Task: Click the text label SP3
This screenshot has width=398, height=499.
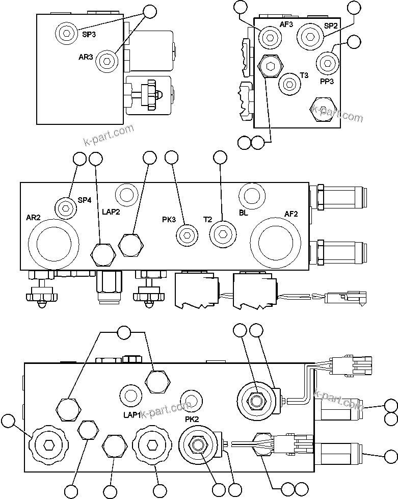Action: pyautogui.click(x=89, y=35)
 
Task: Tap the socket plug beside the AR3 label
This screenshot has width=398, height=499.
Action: pyautogui.click(x=107, y=61)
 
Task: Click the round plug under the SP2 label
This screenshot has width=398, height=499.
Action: pyautogui.click(x=310, y=36)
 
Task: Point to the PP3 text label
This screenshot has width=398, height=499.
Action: pyautogui.click(x=327, y=81)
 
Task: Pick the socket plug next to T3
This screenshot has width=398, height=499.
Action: pyautogui.click(x=289, y=83)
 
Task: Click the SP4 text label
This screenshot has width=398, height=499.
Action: pyautogui.click(x=85, y=200)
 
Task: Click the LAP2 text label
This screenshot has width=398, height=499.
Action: pyautogui.click(x=111, y=213)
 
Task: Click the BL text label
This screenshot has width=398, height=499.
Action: pyautogui.click(x=244, y=213)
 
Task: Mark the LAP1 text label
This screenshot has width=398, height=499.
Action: pyautogui.click(x=131, y=415)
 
